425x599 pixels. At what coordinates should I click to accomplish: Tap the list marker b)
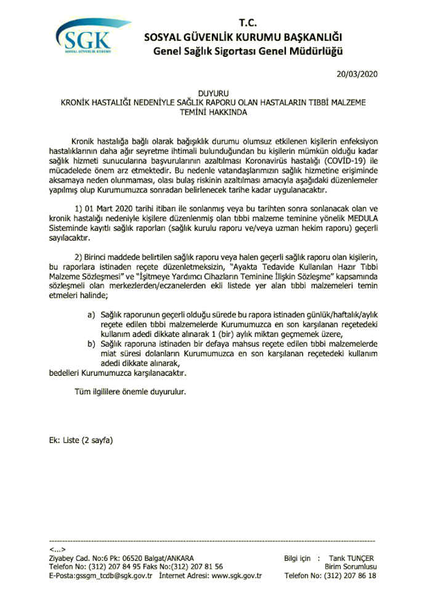pyautogui.click(x=91, y=344)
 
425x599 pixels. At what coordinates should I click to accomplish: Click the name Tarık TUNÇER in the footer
pyautogui.click(x=351, y=558)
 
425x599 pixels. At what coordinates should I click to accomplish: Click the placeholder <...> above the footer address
pyautogui.click(x=57, y=549)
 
